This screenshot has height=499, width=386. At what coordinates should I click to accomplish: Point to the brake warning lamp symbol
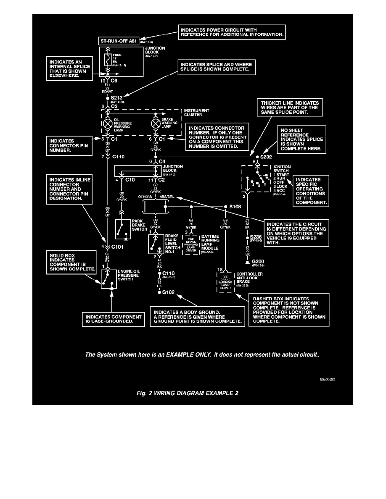click(x=156, y=124)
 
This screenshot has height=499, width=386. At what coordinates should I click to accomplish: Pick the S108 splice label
click(x=235, y=207)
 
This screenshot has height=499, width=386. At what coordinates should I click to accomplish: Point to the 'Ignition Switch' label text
click(x=282, y=169)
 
